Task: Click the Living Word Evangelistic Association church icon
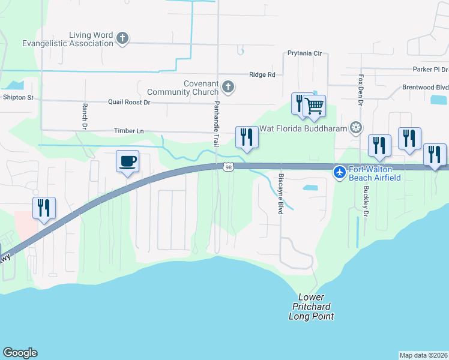pos(122,39)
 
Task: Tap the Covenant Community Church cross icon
pos(228,88)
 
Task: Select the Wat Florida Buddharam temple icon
pos(357,128)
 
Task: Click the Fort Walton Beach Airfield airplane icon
pos(340,173)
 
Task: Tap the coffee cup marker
pos(127,161)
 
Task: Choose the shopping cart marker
pos(314,106)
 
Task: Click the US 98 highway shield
pos(228,167)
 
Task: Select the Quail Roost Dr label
pos(128,102)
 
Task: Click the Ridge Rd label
pos(262,74)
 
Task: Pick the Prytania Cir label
pos(304,53)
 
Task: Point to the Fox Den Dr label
pos(361,91)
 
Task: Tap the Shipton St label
pos(19,97)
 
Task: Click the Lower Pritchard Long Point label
pos(311,307)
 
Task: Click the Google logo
pos(20,353)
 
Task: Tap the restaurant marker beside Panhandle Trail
pos(247,138)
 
